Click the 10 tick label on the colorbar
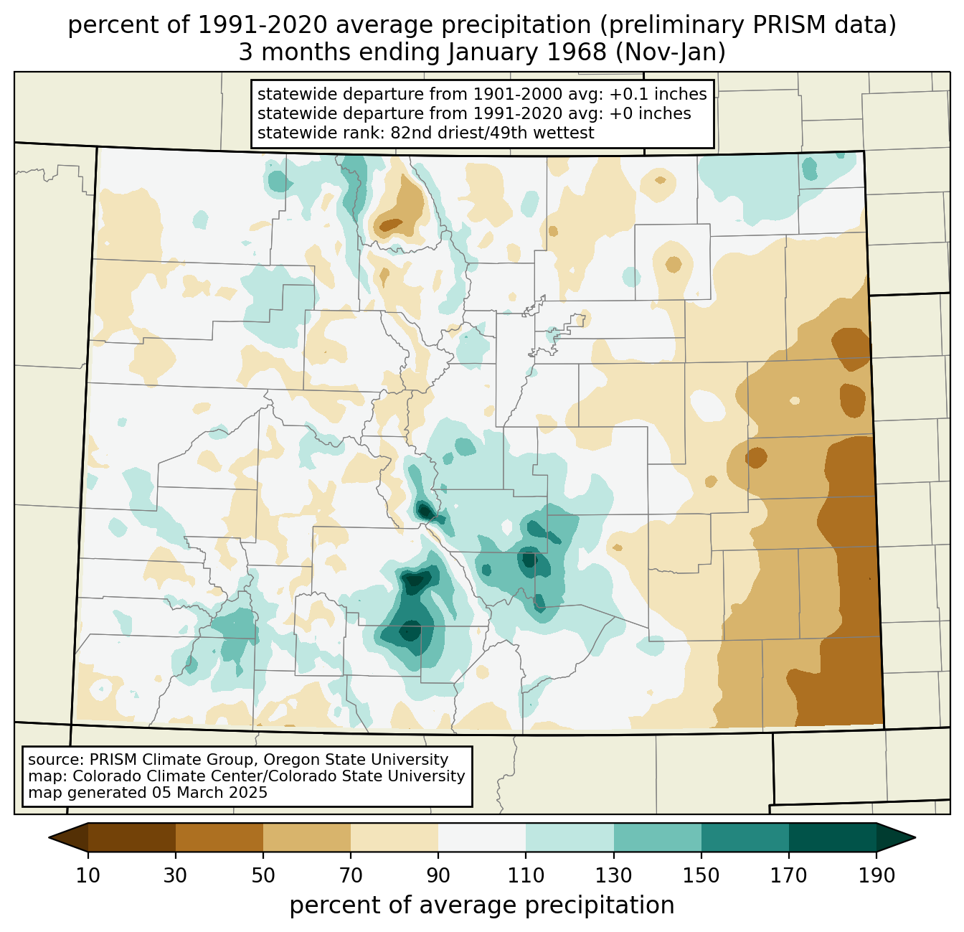click(x=88, y=876)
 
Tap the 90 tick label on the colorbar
click(x=438, y=876)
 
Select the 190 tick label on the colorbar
click(x=876, y=876)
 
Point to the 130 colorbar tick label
click(x=613, y=876)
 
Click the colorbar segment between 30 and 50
click(x=219, y=837)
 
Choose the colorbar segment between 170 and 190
click(x=832, y=837)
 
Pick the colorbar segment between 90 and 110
click(x=482, y=837)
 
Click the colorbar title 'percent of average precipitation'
click(x=482, y=905)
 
